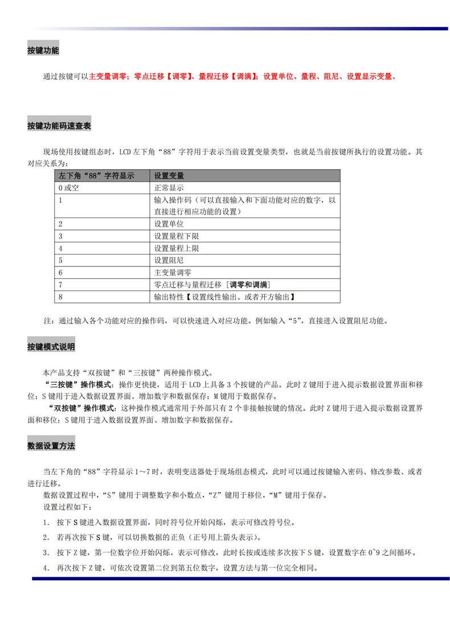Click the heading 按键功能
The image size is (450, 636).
43,50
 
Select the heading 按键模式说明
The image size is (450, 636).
51,346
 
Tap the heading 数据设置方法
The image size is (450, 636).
51,446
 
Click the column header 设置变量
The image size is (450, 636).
169,176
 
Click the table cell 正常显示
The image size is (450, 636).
169,188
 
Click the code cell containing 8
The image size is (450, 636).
60,297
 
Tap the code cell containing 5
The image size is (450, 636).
60,260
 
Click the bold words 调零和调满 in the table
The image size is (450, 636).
249,284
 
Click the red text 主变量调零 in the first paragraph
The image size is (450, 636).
108,76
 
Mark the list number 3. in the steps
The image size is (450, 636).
46,552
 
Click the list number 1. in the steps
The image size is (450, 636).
46,522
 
